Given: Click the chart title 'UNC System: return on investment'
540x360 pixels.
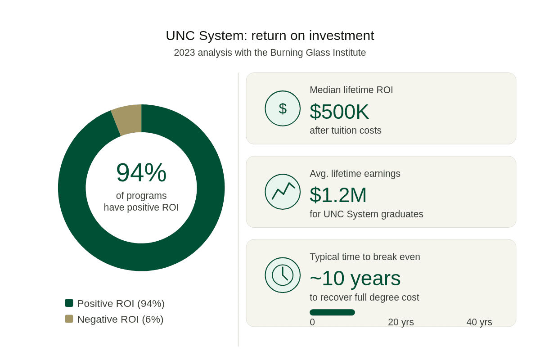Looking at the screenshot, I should point(270,36).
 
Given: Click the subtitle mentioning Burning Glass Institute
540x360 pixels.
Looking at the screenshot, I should point(270,53).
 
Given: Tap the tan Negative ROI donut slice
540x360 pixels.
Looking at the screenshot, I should point(127,119).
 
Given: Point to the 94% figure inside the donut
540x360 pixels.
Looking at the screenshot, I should point(141,172).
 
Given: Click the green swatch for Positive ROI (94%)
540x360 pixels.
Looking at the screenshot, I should point(69,303).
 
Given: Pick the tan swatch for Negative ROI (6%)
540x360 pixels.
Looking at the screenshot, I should point(69,319).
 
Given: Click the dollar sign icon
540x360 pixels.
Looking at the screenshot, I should point(283,108).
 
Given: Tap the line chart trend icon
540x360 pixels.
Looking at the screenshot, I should point(283,192).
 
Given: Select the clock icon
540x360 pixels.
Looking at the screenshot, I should point(283,275).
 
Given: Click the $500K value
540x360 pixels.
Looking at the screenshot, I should point(339,112).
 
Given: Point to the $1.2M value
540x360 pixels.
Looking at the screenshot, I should point(338,195).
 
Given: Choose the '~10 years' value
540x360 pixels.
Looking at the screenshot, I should point(355,278).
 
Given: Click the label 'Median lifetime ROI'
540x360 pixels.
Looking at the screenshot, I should point(351,90).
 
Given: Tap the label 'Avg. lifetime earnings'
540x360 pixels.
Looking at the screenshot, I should point(355,174).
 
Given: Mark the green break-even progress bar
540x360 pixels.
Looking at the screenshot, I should point(332,312).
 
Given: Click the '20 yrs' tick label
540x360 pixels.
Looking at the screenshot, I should point(400,322).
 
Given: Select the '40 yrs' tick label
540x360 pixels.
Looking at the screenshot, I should point(479,322).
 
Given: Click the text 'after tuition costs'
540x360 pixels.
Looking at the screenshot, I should point(345,130).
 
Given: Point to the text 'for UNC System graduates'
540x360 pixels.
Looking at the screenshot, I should point(366,214).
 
